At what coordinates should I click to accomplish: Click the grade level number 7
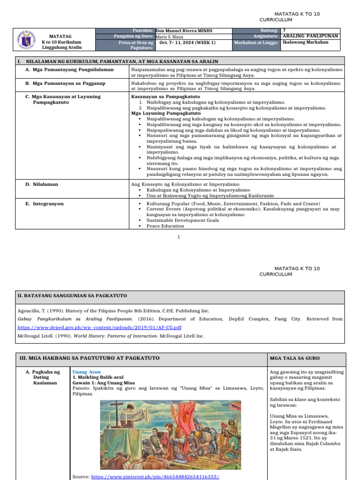click(284, 30)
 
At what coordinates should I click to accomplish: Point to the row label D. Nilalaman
click(42, 184)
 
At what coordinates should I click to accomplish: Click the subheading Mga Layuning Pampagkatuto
click(166, 113)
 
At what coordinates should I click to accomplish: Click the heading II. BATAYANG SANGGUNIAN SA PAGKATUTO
click(72, 296)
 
